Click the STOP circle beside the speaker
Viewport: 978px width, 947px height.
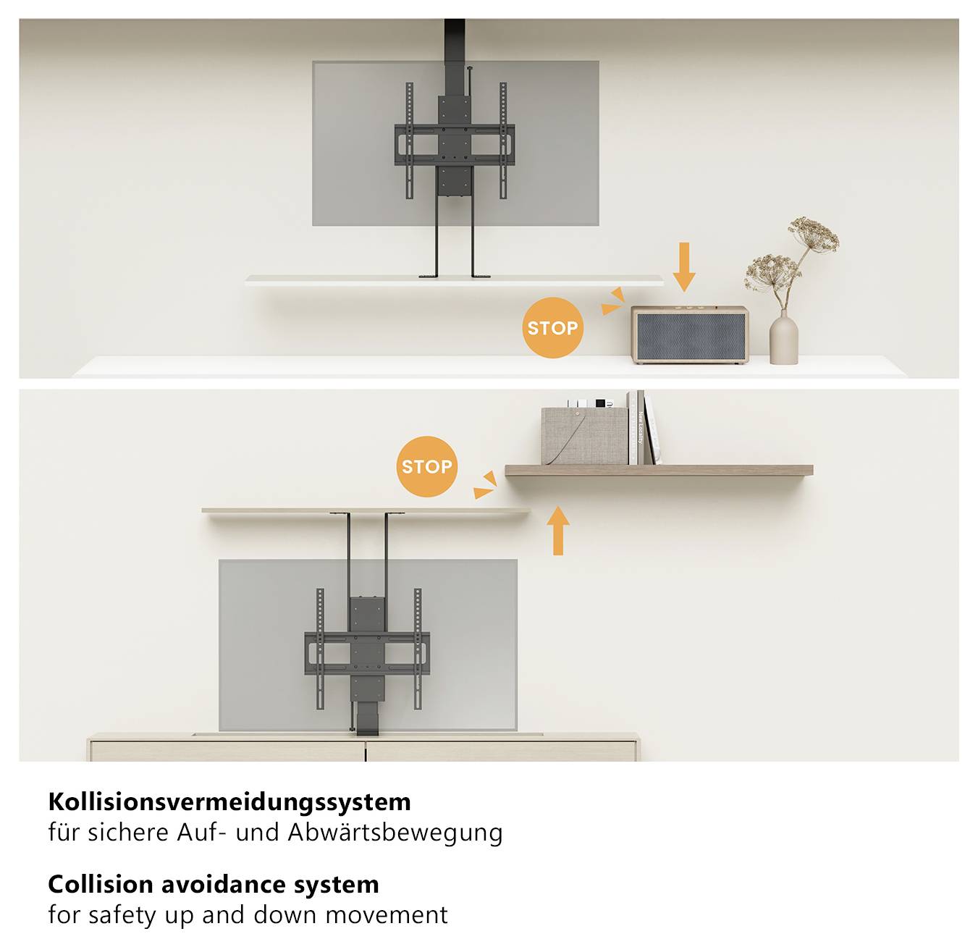pyautogui.click(x=552, y=328)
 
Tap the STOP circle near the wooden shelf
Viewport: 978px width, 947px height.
pyautogui.click(x=427, y=466)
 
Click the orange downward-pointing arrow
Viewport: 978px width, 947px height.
pyautogui.click(x=683, y=267)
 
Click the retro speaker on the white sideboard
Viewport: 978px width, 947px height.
pyautogui.click(x=688, y=334)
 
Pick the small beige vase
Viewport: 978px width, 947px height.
pyautogui.click(x=783, y=338)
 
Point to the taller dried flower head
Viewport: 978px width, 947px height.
pyautogui.click(x=814, y=232)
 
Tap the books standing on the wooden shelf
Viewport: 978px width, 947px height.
pyautogui.click(x=643, y=429)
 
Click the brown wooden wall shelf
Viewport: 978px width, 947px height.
pyautogui.click(x=659, y=470)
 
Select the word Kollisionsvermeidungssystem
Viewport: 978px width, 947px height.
pyautogui.click(x=229, y=801)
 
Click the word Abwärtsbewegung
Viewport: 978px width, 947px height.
pyautogui.click(x=395, y=833)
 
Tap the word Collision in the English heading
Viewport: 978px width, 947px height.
pyautogui.click(x=100, y=884)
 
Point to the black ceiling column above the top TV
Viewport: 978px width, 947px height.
pyautogui.click(x=455, y=39)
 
